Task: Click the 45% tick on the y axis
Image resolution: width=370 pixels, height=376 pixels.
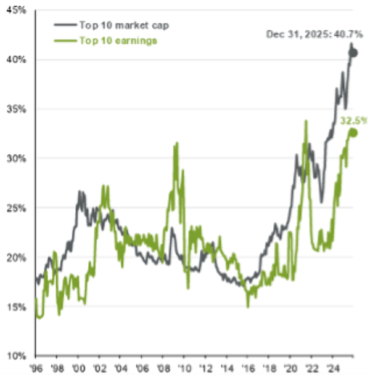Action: [x=14, y=10]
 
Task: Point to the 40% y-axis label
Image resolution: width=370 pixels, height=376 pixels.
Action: [x=14, y=60]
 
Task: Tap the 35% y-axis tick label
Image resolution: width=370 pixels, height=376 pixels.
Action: [x=14, y=109]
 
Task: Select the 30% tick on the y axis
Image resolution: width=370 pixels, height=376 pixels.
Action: [x=14, y=158]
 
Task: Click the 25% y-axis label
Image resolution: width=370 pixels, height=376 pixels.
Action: [x=14, y=208]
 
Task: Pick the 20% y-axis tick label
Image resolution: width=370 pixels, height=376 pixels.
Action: [x=14, y=257]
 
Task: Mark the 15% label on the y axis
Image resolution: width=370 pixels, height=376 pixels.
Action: [x=14, y=306]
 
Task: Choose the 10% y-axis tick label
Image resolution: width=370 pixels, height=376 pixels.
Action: [x=14, y=356]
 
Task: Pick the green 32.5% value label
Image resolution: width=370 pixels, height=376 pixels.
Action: [x=351, y=121]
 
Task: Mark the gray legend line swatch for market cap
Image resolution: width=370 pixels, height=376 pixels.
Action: [x=65, y=25]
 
